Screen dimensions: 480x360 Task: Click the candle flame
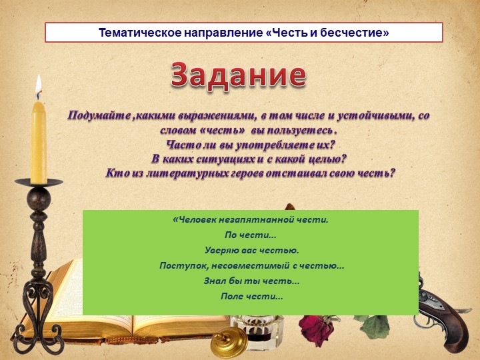pyautogui.click(x=38, y=87)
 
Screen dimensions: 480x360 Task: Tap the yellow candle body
pyautogui.click(x=39, y=143)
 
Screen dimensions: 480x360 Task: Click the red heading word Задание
pyautogui.click(x=239, y=75)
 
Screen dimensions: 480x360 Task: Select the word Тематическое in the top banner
pyautogui.click(x=140, y=33)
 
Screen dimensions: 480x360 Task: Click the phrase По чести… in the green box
pyautogui.click(x=251, y=235)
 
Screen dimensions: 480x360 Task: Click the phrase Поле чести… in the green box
pyautogui.click(x=251, y=296)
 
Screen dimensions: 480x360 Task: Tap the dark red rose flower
pyautogui.click(x=315, y=327)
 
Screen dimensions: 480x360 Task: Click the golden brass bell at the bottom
pyautogui.click(x=229, y=342)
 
